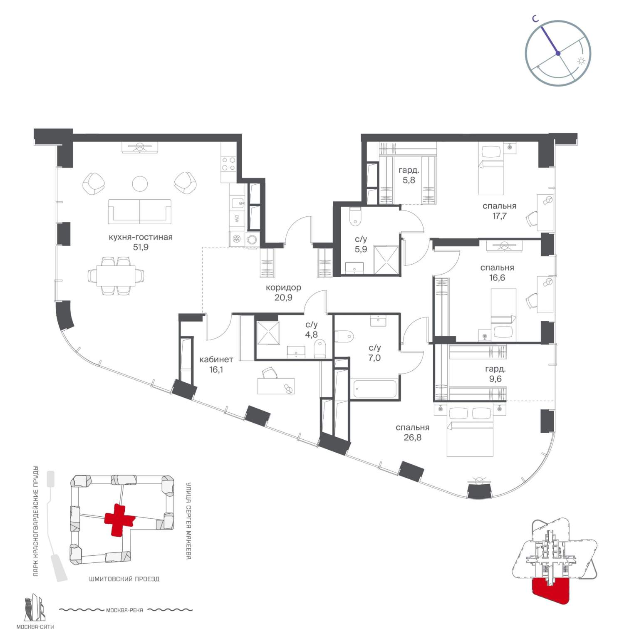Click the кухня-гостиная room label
[140, 237]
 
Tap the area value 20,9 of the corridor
[283, 297]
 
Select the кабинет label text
[216, 359]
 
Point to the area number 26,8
[412, 438]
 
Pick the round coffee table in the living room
[140, 184]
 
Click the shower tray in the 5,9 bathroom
[386, 260]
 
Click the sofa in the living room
[140, 211]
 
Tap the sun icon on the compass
[581, 61]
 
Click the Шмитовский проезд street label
[124, 579]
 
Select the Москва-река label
[125, 610]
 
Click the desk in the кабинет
[276, 386]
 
